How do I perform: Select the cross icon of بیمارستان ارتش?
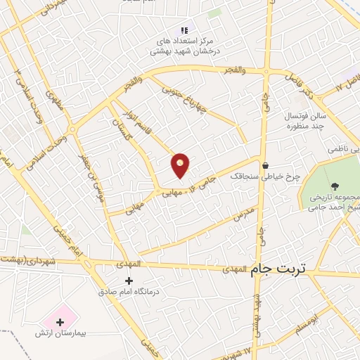pos(60,322)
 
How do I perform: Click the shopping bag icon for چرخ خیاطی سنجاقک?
pos(265,166)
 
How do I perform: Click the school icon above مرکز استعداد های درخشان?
pos(184,30)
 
